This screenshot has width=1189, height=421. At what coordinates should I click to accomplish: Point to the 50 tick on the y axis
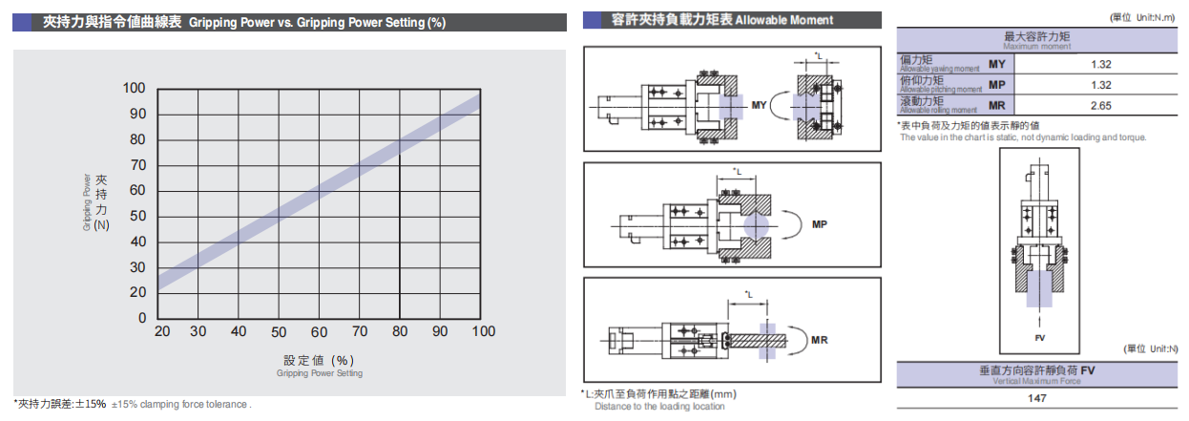click(137, 216)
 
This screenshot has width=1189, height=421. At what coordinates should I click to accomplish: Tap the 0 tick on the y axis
click(141, 317)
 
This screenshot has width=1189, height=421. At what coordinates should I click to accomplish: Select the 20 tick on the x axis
click(162, 331)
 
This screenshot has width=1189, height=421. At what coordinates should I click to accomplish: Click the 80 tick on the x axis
click(400, 331)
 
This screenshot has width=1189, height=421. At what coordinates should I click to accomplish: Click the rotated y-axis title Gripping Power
click(88, 202)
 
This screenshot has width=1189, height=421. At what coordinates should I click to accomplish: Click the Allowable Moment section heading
click(722, 20)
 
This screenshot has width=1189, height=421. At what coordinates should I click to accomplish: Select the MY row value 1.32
click(1100, 64)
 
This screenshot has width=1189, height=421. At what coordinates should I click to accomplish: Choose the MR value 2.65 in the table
click(1100, 106)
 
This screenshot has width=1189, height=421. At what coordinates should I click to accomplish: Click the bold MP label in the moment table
click(996, 85)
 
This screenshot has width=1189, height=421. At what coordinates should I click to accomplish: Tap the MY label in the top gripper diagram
click(760, 104)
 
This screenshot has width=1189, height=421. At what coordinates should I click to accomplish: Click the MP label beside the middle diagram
click(819, 225)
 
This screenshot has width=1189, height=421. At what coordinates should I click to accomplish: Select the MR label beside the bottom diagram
click(819, 340)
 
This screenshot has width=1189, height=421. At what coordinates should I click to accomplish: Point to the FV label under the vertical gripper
click(1039, 338)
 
